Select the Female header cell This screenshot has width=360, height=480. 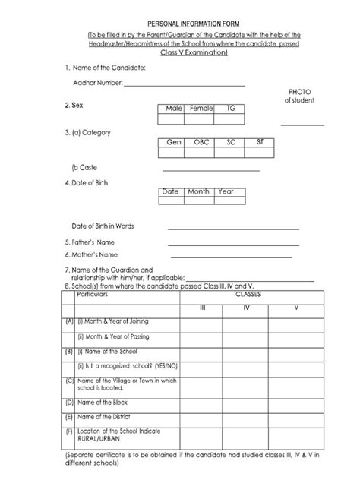(201, 109)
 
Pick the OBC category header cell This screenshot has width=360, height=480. (201, 142)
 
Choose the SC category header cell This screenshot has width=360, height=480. (230, 142)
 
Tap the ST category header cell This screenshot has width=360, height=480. (261, 142)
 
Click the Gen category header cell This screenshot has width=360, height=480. (172, 142)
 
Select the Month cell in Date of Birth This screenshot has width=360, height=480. (198, 192)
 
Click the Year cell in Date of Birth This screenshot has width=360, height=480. (226, 192)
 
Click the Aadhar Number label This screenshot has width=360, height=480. (96, 82)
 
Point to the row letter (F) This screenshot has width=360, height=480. (69, 431)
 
